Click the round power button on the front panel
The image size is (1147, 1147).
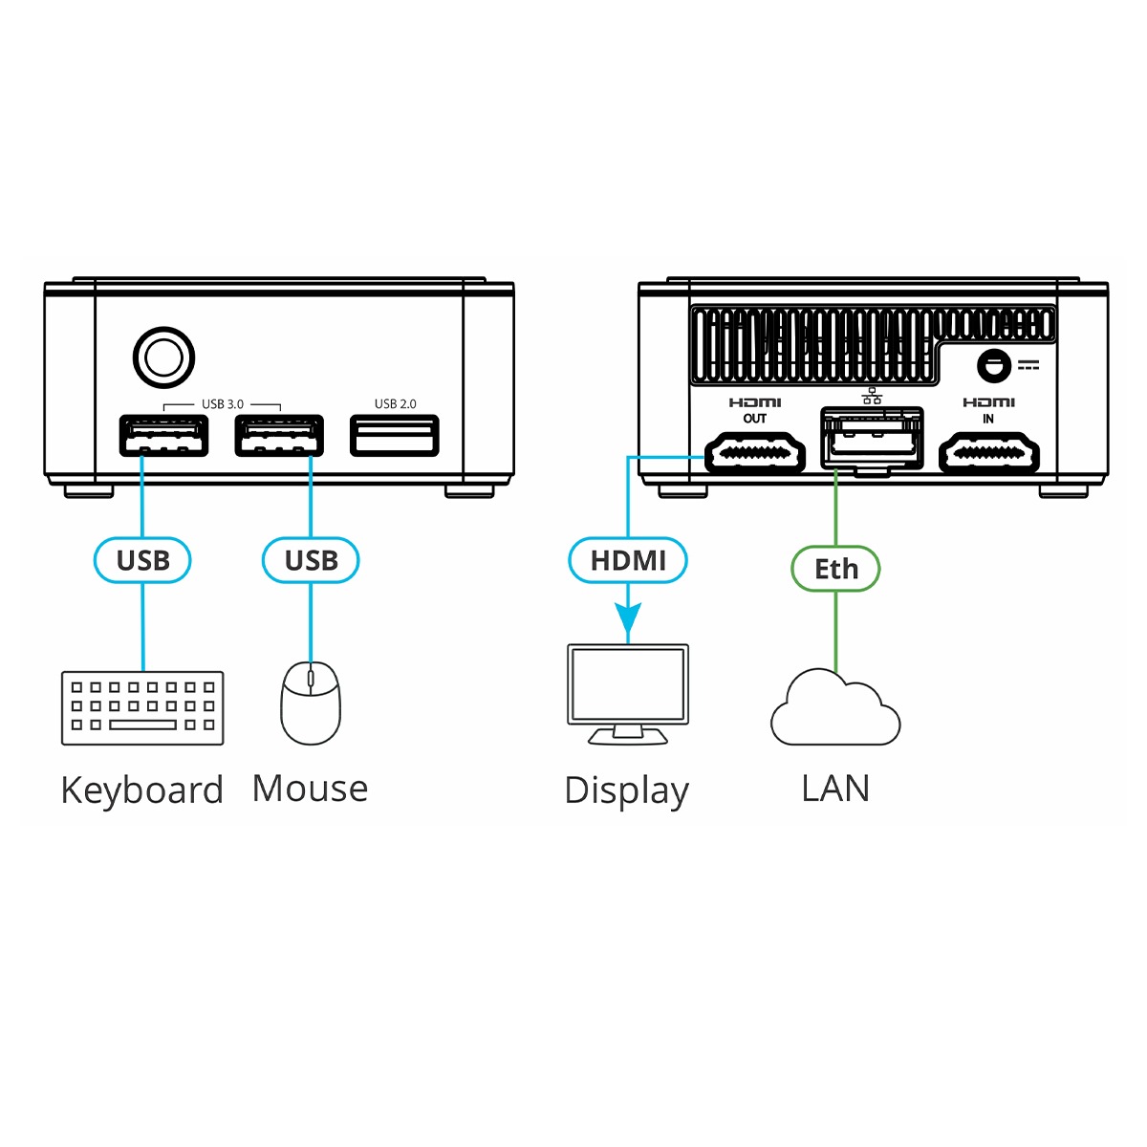[x=163, y=358]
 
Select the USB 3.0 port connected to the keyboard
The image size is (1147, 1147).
[x=163, y=437]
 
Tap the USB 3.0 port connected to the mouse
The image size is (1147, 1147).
[x=279, y=437]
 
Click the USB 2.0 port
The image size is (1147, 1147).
[x=394, y=436]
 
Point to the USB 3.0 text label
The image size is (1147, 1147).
[x=222, y=404]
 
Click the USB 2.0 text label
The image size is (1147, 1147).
[x=395, y=404]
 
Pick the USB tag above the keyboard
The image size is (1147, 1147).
[x=142, y=560]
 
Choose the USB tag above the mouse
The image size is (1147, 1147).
[x=311, y=560]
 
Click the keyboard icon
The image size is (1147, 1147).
[x=142, y=707]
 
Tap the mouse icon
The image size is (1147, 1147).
[x=311, y=703]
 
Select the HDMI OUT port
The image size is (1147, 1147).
[x=754, y=453]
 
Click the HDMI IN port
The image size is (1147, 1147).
[x=988, y=453]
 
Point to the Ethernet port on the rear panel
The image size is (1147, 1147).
[x=872, y=439]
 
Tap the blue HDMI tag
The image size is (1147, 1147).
[x=628, y=560]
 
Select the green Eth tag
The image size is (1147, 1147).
[x=835, y=569]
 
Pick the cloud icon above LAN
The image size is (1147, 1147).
[x=835, y=710]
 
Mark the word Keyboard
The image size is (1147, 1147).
[x=141, y=790]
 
